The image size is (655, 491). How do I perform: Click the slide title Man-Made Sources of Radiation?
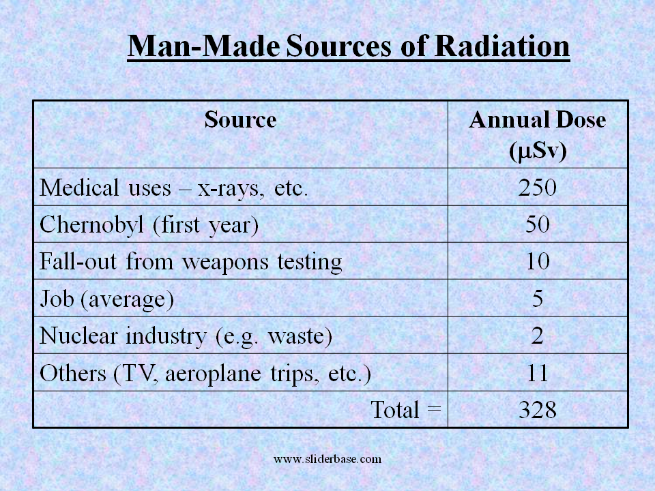[349, 46]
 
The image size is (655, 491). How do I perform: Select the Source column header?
[240, 120]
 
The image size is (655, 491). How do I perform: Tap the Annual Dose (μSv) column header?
[538, 135]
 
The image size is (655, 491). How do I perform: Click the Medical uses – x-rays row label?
[175, 188]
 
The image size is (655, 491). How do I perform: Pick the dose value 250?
[538, 188]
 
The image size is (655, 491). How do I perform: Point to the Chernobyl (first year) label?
[149, 224]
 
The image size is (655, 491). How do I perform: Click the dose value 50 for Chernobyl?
[538, 224]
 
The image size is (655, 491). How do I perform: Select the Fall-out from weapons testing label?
[191, 261]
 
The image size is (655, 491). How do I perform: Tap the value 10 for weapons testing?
[538, 261]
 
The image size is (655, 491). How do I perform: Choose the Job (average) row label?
[107, 298]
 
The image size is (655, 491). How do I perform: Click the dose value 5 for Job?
[538, 298]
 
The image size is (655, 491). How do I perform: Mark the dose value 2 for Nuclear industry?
[538, 336]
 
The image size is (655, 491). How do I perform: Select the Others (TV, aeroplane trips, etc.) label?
[205, 373]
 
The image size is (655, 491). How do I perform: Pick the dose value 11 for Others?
[538, 373]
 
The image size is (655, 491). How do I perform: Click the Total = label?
[406, 410]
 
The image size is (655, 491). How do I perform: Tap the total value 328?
[538, 410]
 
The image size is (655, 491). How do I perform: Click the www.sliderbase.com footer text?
[327, 459]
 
